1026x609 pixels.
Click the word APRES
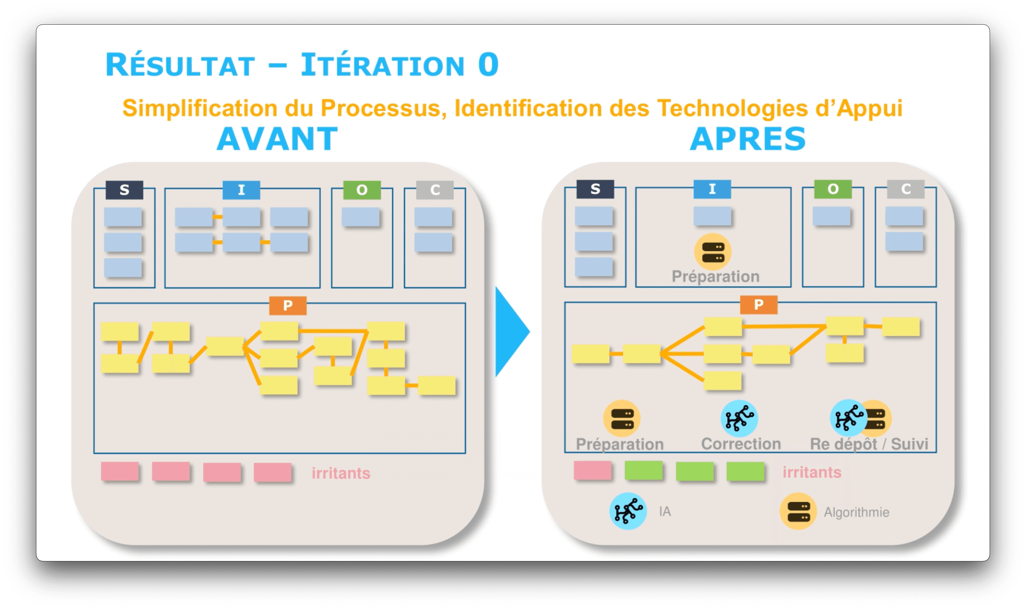(747, 139)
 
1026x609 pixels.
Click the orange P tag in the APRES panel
(758, 304)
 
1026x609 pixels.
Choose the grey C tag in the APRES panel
(906, 189)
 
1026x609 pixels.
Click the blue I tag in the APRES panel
(712, 189)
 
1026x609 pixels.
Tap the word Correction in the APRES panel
(741, 443)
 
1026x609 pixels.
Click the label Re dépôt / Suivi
(869, 443)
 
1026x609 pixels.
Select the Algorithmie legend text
(856, 512)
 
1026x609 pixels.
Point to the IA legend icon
(627, 511)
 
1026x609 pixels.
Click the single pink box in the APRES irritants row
(592, 470)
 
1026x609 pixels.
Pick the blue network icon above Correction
(739, 418)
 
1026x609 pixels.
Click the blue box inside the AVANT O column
(360, 217)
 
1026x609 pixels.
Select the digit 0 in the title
(488, 65)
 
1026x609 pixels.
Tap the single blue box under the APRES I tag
(712, 216)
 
